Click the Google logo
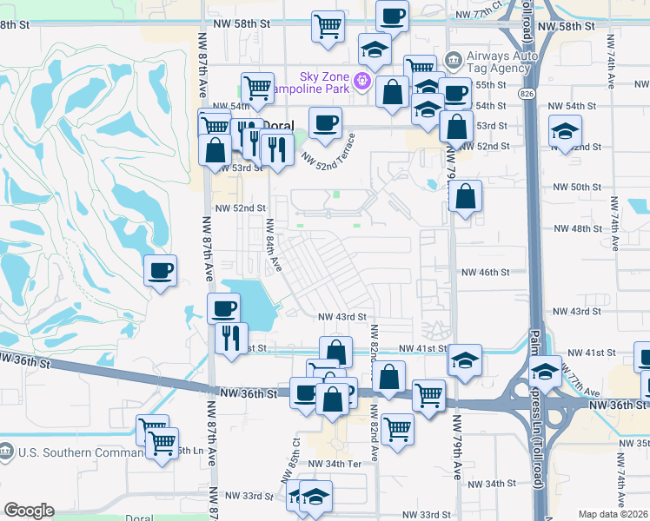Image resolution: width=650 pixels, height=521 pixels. pyautogui.click(x=29, y=511)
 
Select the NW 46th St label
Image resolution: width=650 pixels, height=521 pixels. pyautogui.click(x=485, y=273)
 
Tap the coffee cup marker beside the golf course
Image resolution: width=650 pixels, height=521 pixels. pyautogui.click(x=160, y=270)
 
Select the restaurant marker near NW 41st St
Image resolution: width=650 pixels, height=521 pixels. pyautogui.click(x=231, y=337)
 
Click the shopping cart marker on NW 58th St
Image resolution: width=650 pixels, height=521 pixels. pyautogui.click(x=328, y=25)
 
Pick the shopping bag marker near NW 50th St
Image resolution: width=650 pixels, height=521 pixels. pyautogui.click(x=466, y=196)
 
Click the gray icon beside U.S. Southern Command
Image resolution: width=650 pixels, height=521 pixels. pyautogui.click(x=7, y=452)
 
